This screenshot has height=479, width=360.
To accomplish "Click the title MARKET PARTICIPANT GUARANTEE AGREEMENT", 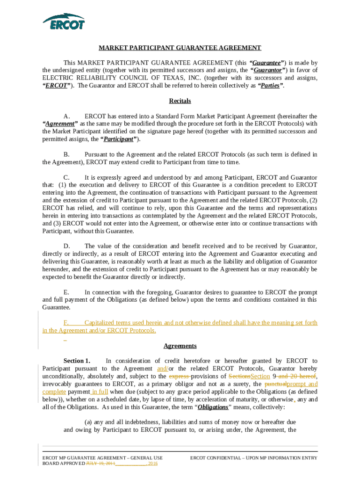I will tap(180, 48).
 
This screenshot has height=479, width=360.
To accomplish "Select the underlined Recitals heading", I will tap(180, 101).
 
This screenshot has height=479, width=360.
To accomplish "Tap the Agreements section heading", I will tap(180, 346).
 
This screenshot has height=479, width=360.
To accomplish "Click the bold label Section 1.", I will tap(77, 361).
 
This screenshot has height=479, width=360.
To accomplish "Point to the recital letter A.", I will tap(66, 116).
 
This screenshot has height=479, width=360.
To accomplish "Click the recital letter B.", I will tap(66, 154).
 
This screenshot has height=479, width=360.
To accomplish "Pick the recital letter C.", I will tap(66, 178).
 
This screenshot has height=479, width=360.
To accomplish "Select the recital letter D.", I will tap(66, 246).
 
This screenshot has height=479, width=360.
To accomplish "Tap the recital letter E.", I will tap(66, 292).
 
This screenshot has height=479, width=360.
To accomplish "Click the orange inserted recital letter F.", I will tap(66, 323).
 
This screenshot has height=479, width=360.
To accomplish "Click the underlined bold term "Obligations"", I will tap(213, 407).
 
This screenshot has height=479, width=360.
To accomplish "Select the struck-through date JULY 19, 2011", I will tap(100, 464).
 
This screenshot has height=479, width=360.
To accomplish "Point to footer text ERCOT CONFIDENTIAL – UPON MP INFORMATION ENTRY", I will tap(253, 458).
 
